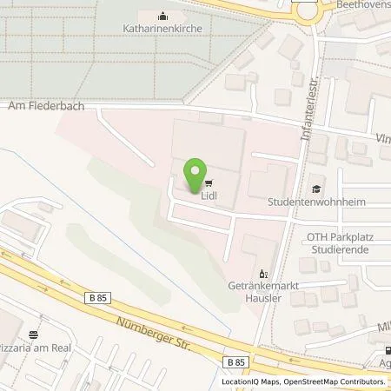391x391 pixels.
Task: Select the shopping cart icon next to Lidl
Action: tap(209, 183)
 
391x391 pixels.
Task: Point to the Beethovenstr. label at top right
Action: tap(365, 5)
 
